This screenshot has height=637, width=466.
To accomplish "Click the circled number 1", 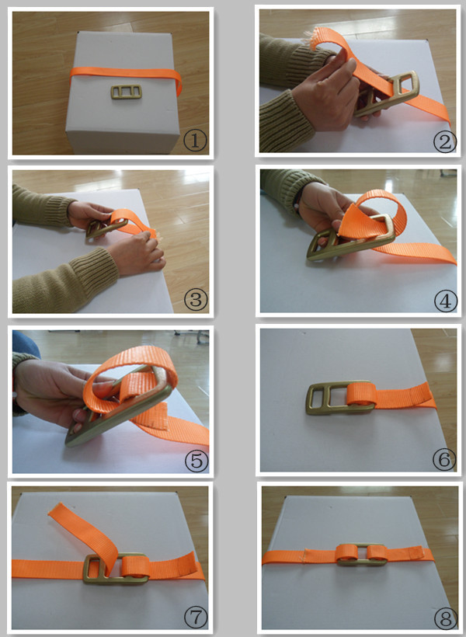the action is (x=195, y=141).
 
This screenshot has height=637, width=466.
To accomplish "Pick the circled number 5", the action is (x=196, y=461).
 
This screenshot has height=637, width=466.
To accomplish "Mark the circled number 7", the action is (x=196, y=618).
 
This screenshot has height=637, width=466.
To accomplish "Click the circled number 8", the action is (x=445, y=618).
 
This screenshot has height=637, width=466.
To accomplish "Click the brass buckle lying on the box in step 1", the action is (x=127, y=92).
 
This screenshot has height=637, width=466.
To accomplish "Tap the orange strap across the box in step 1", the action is (x=126, y=75).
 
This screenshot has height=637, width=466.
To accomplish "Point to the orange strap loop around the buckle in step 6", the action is (x=361, y=394).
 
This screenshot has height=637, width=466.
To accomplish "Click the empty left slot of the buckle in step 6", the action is (x=318, y=397).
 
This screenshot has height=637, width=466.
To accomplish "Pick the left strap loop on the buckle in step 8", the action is (x=346, y=552).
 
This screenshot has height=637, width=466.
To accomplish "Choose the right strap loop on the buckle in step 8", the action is (x=377, y=552).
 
